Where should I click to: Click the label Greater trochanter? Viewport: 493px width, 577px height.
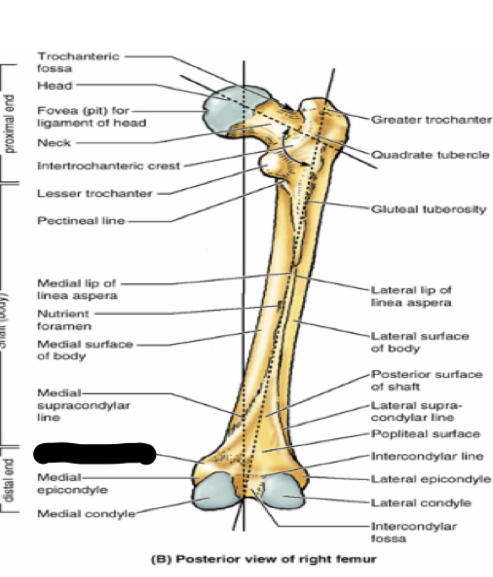[431, 119]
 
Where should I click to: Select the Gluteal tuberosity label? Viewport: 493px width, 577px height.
[429, 209]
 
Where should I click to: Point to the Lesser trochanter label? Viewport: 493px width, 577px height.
[95, 194]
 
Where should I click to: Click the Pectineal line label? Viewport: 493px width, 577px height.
[81, 221]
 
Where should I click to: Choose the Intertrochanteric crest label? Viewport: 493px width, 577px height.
[108, 166]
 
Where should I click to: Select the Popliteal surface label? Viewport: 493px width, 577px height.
[425, 434]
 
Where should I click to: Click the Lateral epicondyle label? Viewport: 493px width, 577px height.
[431, 479]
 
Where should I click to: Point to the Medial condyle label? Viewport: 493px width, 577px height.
[86, 514]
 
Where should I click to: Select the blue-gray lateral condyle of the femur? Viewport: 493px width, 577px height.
[283, 493]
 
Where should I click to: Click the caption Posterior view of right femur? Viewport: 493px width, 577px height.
[264, 559]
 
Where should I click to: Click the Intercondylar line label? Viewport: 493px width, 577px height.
[427, 457]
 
